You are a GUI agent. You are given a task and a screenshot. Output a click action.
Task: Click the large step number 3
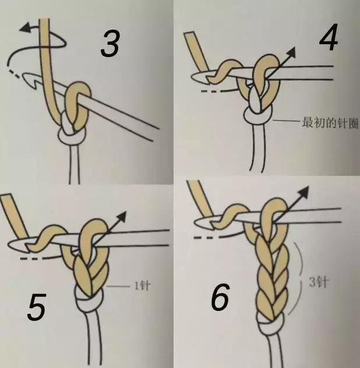tap(110, 43)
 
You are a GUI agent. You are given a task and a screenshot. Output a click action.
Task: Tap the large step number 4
tap(329, 37)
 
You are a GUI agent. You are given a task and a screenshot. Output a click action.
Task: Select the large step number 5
tap(36, 307)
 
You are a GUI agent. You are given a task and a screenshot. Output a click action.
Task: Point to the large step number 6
tap(220, 297)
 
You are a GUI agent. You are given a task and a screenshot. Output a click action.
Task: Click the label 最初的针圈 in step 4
tap(330, 122)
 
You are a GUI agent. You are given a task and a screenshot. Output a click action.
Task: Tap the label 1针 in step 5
tap(142, 286)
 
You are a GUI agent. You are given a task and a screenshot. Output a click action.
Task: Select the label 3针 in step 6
tap(318, 282)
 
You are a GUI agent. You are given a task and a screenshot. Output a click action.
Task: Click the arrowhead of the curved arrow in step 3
tap(26, 27)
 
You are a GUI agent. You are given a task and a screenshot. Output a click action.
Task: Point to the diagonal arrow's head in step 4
tap(290, 52)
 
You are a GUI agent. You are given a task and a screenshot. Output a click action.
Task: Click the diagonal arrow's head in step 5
tap(121, 217)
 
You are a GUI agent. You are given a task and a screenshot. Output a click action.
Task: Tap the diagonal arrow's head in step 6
tap(303, 192)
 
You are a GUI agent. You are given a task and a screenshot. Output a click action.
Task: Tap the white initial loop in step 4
tap(258, 115)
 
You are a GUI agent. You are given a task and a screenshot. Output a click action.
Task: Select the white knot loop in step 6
tap(270, 323)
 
